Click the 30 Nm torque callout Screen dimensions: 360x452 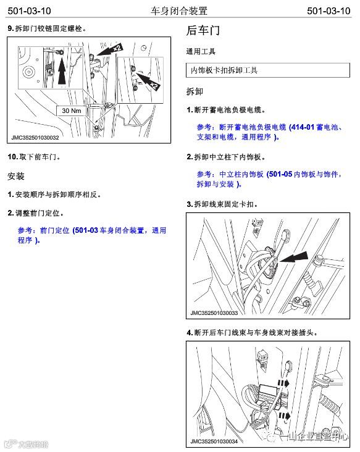pyautogui.click(x=72, y=111)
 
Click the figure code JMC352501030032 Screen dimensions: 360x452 pyautogui.click(x=35, y=138)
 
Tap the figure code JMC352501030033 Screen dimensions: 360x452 pyautogui.click(x=214, y=313)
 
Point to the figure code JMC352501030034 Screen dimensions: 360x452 pyautogui.click(x=214, y=442)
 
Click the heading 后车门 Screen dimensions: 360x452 pyautogui.click(x=203, y=30)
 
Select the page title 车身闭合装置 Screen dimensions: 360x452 pyautogui.click(x=178, y=11)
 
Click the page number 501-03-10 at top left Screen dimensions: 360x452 pyautogui.click(x=29, y=11)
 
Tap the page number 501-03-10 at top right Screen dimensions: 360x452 pyautogui.click(x=329, y=11)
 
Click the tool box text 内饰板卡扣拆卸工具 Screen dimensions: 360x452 pyautogui.click(x=224, y=70)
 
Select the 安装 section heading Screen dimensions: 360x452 pyautogui.click(x=16, y=176)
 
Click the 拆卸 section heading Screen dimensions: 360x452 pyautogui.click(x=195, y=91)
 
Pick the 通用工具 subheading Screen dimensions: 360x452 pyautogui.click(x=201, y=52)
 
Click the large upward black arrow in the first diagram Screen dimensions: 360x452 pyautogui.click(x=62, y=69)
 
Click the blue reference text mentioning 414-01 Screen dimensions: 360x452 pyautogui.click(x=270, y=132)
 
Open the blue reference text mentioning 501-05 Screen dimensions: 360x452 pyautogui.click(x=269, y=179)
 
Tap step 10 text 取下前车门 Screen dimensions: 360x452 pyautogui.click(x=34, y=157)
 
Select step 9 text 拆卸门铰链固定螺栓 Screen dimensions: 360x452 pyautogui.click(x=47, y=28)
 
